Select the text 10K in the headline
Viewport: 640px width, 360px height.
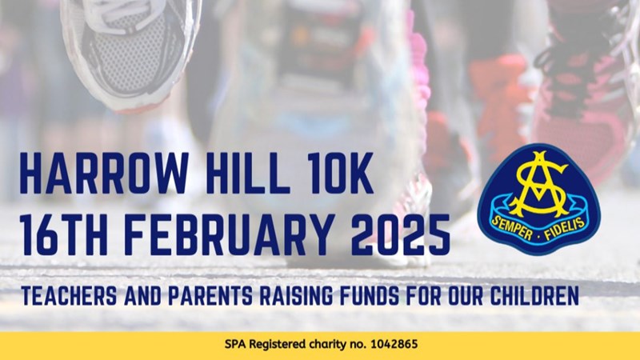coord(340,173)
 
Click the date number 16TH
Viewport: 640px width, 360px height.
coord(64,234)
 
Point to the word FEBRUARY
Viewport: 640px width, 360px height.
coord(226,234)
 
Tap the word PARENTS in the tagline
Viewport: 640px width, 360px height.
coord(210,296)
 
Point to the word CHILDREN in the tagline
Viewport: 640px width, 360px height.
coord(534,296)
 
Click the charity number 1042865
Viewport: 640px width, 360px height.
coord(394,344)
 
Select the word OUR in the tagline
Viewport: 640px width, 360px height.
coord(465,296)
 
